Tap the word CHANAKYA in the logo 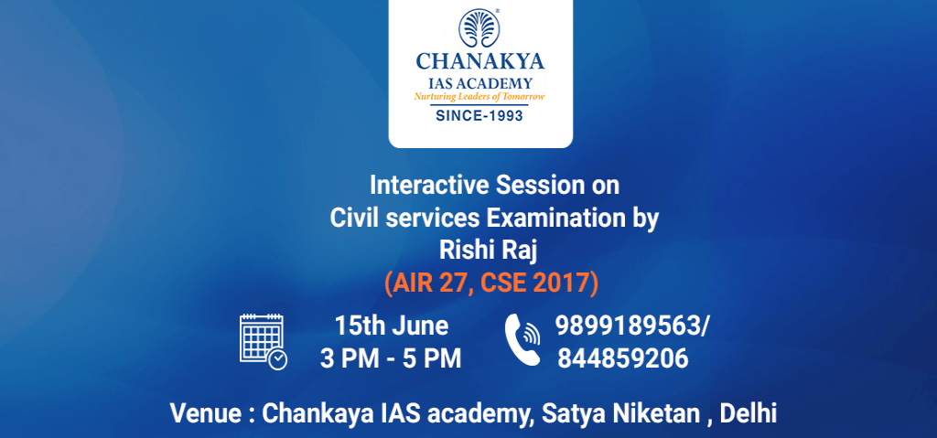pyautogui.click(x=480, y=62)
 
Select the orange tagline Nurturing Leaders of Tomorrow pyautogui.click(x=480, y=97)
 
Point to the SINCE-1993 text pyautogui.click(x=480, y=116)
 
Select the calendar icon pyautogui.click(x=263, y=341)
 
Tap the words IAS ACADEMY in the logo pyautogui.click(x=480, y=82)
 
